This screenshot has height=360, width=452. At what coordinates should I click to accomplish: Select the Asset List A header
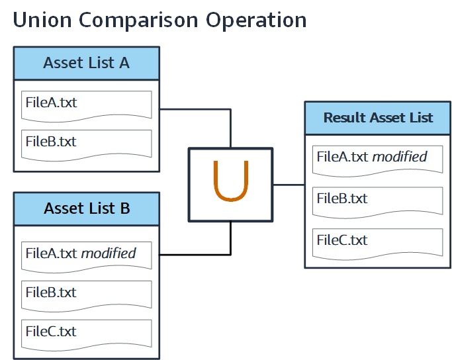[86, 64]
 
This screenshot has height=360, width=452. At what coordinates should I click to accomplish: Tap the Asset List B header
[86, 208]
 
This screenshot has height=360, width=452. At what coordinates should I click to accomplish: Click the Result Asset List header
[378, 118]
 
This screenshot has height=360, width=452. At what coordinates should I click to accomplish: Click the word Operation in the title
[256, 20]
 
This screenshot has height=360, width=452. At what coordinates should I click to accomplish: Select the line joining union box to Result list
[288, 185]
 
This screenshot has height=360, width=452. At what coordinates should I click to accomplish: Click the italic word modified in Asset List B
[109, 253]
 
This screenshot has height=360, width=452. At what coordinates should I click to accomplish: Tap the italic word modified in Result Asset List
[400, 157]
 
